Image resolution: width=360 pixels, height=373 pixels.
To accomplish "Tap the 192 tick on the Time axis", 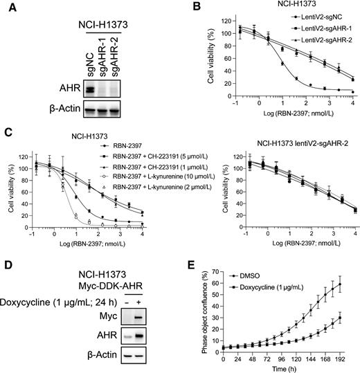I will click(343, 358).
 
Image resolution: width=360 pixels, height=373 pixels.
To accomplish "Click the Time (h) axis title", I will click(282, 367).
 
